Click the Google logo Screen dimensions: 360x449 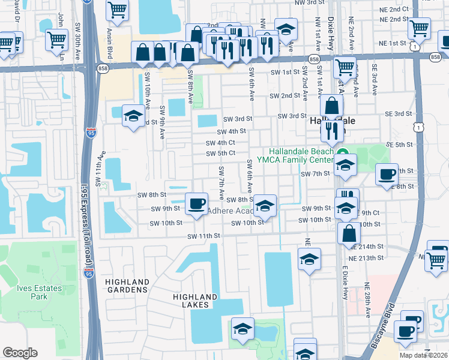20,353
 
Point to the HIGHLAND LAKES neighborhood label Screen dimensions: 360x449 194,301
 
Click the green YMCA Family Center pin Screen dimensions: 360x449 343,153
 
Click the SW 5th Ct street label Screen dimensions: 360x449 220,153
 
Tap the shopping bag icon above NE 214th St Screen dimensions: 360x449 349,233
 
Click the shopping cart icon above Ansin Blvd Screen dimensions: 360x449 117,10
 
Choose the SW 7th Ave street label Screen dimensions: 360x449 221,184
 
